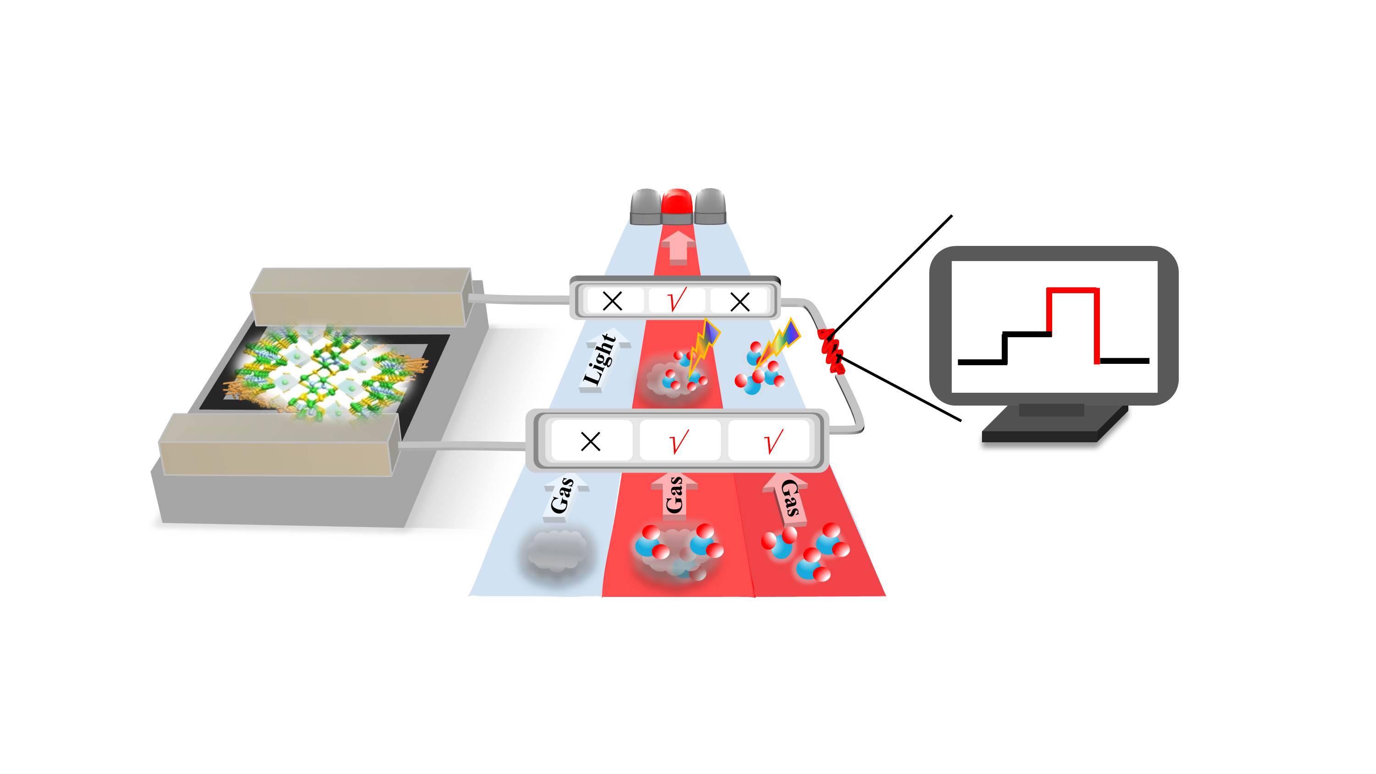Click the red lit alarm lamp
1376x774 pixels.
click(x=677, y=206)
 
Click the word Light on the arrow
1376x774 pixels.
click(x=599, y=359)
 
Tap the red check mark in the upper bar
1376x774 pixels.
click(x=677, y=300)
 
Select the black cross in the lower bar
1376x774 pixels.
click(x=590, y=441)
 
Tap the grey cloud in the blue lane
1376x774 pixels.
click(x=556, y=551)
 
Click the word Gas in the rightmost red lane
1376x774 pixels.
click(x=789, y=498)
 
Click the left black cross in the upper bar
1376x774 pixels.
click(x=612, y=301)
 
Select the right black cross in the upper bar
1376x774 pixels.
click(x=740, y=302)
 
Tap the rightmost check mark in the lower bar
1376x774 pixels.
click(x=772, y=441)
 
